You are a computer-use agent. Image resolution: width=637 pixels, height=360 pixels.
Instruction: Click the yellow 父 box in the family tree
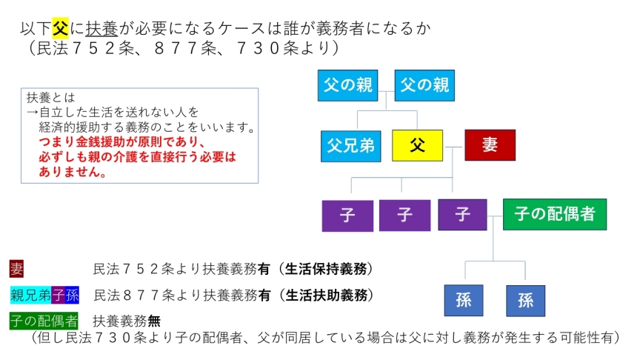[417, 145]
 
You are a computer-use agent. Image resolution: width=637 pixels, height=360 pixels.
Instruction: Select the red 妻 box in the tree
[490, 145]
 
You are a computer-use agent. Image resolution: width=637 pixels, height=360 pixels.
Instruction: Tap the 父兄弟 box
[350, 146]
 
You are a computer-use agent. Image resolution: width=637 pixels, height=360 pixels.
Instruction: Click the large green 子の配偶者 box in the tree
[555, 214]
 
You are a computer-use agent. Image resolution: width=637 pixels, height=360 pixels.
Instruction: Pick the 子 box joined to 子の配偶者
[462, 215]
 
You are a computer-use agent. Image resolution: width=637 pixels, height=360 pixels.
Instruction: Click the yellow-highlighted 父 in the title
[60, 28]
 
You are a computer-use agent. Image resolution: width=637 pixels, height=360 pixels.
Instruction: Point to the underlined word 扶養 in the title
[101, 28]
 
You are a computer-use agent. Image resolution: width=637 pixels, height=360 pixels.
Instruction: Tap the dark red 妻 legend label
[16, 269]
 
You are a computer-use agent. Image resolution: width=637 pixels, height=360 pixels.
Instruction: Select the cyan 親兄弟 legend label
[31, 296]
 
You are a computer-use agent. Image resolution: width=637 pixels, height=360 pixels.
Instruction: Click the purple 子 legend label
[59, 296]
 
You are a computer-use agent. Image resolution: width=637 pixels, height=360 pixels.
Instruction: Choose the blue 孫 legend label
[73, 296]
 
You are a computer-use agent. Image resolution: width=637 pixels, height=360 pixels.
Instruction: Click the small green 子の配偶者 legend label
[44, 321]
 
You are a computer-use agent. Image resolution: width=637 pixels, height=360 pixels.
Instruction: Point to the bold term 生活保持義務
[325, 269]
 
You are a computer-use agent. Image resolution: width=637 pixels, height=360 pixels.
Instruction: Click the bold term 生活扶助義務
[326, 296]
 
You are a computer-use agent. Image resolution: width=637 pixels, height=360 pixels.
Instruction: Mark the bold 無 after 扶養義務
[154, 321]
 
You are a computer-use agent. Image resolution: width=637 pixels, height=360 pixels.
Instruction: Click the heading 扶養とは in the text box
[51, 98]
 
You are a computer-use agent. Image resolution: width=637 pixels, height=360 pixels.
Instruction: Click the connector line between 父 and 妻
[454, 147]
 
